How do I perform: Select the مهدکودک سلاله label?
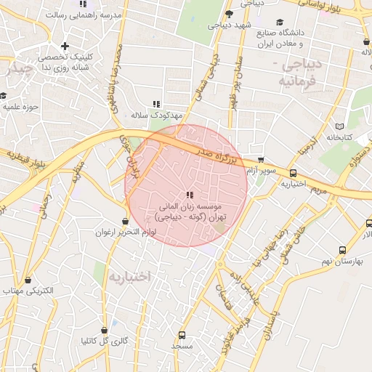coord(156,116)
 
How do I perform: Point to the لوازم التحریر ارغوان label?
coord(125,232)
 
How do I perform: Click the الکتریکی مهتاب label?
coord(28,291)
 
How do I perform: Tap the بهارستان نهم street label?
coord(345,260)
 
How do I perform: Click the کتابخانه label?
coord(339,137)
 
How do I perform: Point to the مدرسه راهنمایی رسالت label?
coord(82,15)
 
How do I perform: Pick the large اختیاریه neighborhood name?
coord(129,277)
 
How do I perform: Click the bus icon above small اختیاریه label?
coord(293,174)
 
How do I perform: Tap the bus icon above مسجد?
coord(181,336)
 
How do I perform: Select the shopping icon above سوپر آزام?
coord(260,160)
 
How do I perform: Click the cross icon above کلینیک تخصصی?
coord(65,46)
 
